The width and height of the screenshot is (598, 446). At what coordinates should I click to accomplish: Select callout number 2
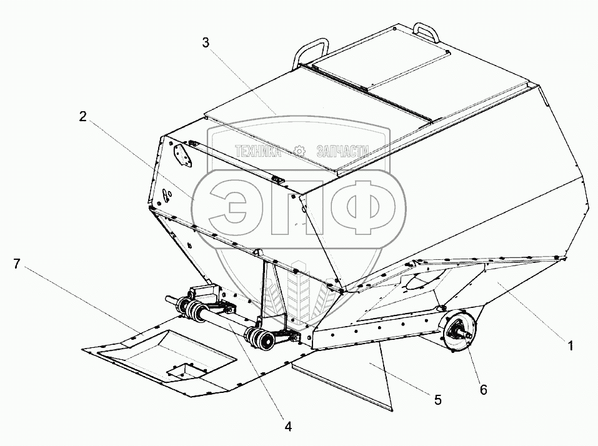coord(82,117)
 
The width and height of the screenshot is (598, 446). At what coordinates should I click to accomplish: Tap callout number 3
coord(207,43)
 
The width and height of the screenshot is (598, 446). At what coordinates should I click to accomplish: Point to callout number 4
coord(288,427)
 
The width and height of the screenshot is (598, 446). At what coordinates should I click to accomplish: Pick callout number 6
coord(483,390)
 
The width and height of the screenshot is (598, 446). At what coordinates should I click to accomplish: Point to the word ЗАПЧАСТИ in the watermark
coord(344,151)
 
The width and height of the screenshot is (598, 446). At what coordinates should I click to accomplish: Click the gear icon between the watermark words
coord(300,151)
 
